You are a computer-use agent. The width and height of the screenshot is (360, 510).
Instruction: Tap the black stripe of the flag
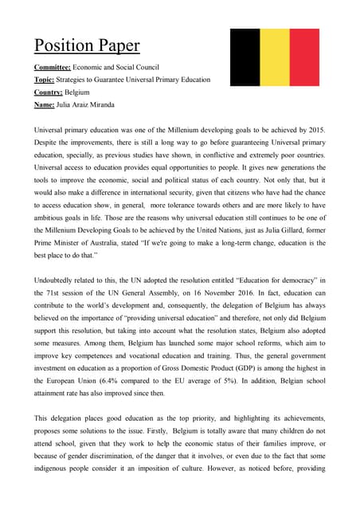[245, 57]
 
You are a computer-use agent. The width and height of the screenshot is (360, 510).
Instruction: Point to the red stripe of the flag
[304, 57]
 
